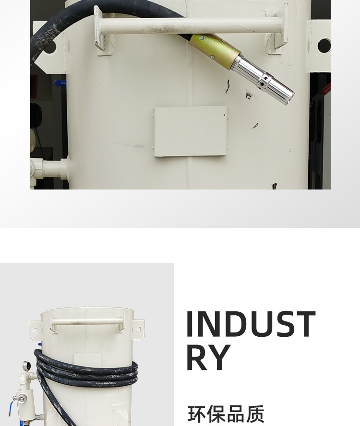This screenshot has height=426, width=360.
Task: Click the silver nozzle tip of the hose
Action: [x=263, y=79]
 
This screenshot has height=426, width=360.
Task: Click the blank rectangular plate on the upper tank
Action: [x=191, y=131]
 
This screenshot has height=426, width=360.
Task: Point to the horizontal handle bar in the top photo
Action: [x=191, y=25]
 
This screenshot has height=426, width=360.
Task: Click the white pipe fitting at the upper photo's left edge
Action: [x=49, y=169]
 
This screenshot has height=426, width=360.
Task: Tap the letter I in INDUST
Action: [x=190, y=324]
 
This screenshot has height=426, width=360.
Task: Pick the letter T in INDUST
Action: [x=304, y=324]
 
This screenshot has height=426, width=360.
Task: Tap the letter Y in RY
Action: [x=219, y=357]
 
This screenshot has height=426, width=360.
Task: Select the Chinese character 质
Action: [x=255, y=414]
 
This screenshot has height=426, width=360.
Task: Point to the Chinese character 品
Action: [x=236, y=414]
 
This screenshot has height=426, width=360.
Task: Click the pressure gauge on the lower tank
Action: [x=26, y=366]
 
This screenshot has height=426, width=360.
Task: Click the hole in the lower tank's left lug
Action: [x=35, y=331]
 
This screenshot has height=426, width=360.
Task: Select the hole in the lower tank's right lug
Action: [x=138, y=330]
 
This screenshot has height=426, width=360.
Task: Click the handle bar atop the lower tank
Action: [x=87, y=322]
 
